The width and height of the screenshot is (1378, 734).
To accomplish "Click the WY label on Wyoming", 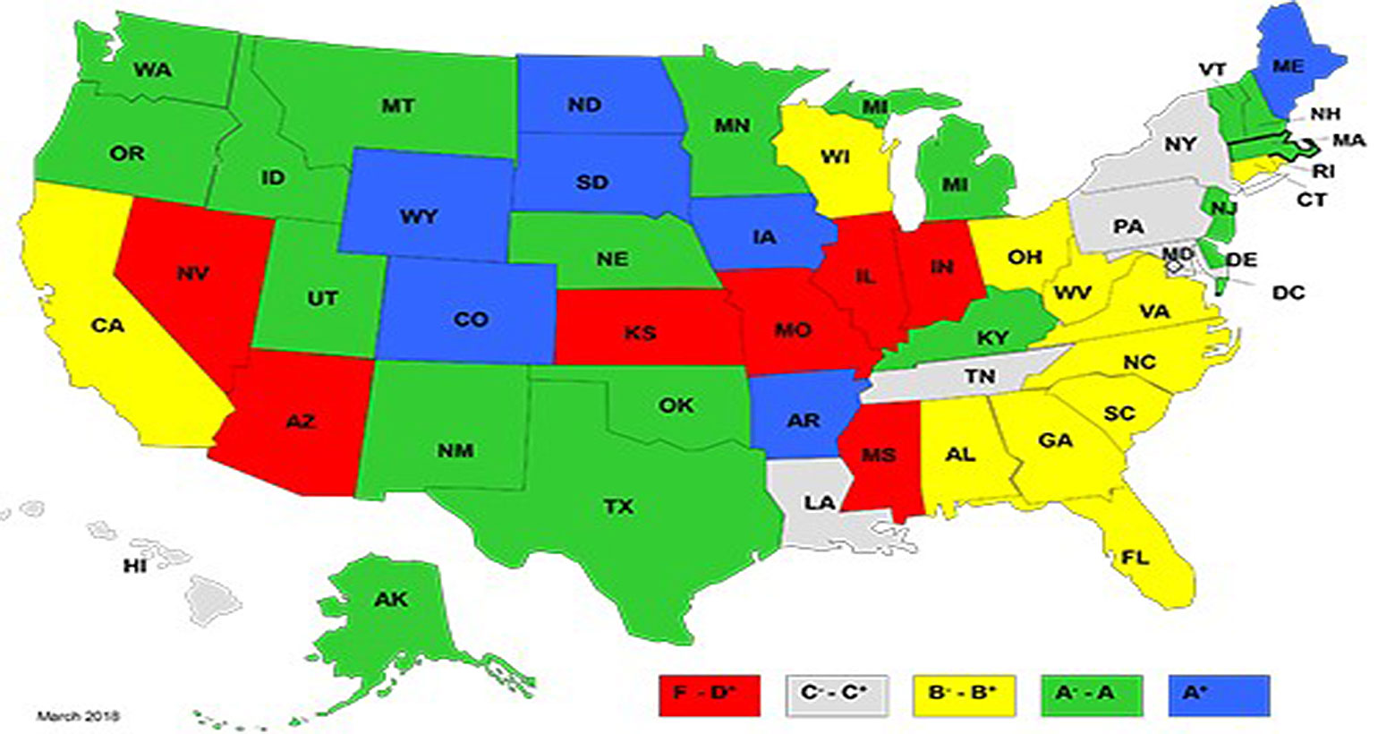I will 419,217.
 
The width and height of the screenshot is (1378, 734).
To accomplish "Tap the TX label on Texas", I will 618,507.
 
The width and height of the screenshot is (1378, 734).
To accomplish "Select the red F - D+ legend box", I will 710,694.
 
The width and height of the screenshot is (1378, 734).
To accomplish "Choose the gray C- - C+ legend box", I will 837,694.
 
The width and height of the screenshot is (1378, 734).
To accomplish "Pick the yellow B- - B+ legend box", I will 964,694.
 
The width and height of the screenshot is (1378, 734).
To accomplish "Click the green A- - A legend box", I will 1092,694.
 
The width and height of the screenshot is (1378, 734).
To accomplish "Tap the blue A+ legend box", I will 1219,694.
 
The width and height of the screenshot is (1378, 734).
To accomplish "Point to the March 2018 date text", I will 78,716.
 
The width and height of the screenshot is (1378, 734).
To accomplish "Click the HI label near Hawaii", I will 135,566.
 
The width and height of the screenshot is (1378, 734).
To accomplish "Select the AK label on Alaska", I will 391,599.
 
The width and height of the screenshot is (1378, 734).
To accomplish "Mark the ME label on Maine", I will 1289,67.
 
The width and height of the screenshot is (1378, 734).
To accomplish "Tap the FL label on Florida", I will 1135,558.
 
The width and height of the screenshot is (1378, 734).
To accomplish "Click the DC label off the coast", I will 1288,292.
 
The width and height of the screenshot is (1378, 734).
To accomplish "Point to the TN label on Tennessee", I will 980,376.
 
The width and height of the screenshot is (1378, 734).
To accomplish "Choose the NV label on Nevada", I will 192,273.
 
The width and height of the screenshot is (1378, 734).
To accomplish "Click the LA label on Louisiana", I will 819,503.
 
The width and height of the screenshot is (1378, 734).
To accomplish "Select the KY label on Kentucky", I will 992,338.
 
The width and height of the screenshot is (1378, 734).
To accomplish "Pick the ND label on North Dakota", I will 584,105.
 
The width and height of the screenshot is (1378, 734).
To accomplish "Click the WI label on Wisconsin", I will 835,158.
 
